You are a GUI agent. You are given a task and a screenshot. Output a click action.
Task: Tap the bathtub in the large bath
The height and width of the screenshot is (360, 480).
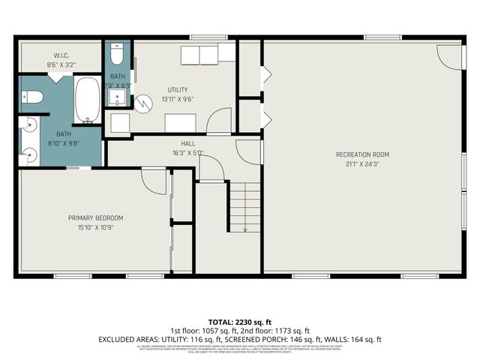click(x=88, y=102)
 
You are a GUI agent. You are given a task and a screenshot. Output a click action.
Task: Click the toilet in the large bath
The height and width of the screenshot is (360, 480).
click(x=30, y=97)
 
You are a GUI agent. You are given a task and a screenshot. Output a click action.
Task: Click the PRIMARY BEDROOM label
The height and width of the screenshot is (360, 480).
click(x=95, y=217)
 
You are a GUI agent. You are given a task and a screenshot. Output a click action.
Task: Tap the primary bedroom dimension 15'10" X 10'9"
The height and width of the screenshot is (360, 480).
click(x=95, y=226)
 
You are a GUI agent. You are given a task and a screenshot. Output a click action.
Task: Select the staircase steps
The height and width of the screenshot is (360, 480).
click(x=244, y=208)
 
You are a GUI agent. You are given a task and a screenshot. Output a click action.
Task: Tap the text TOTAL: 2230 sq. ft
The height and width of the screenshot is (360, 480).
click(x=240, y=320)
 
